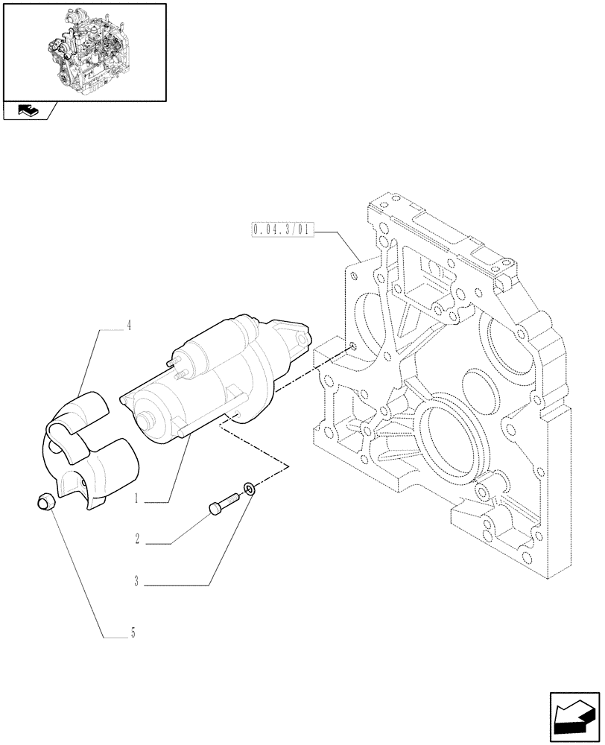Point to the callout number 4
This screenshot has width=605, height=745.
pos(129,326)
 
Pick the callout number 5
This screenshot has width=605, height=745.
pos(133,634)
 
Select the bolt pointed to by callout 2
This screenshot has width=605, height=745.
pos(221,505)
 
